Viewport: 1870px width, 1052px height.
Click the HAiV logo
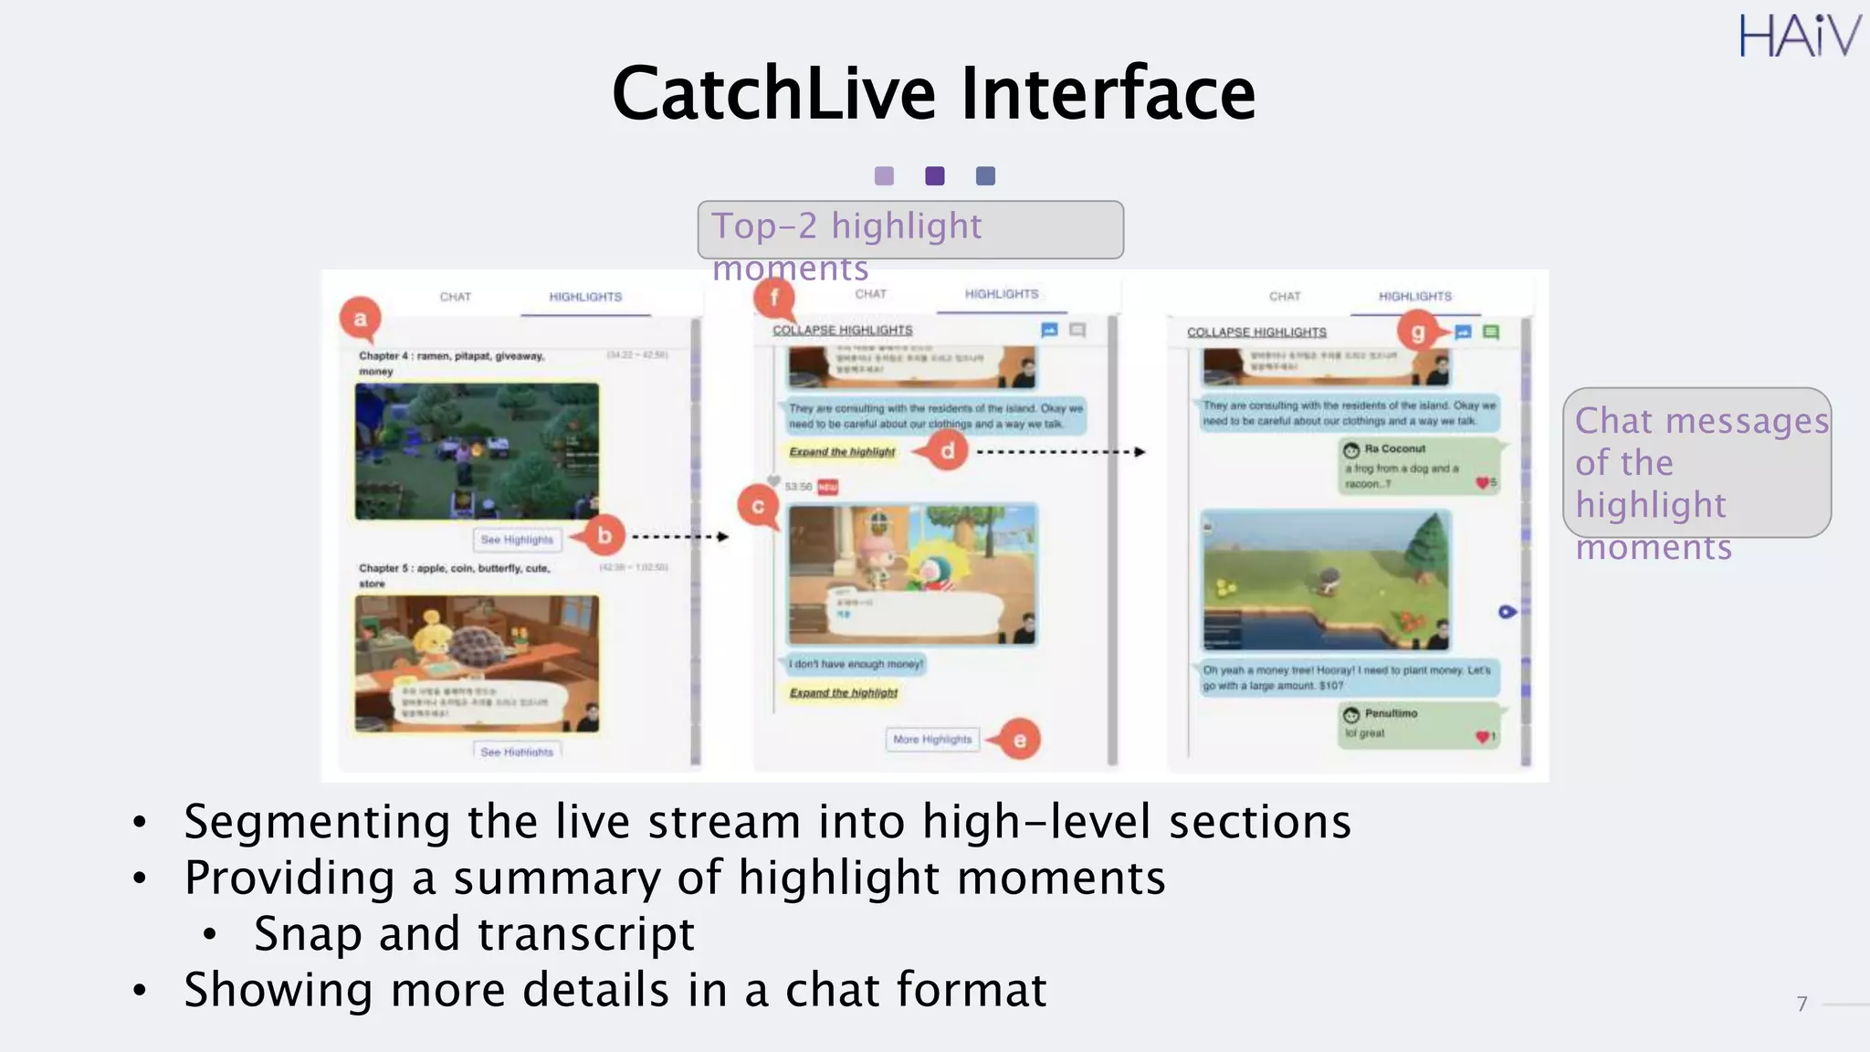pos(1798,37)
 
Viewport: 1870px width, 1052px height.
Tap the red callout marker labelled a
pos(361,319)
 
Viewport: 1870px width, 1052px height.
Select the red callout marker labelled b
pos(604,536)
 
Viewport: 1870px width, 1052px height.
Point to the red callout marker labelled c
pos(758,506)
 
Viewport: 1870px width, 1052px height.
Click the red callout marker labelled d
pos(948,450)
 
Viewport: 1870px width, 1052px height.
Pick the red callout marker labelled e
pos(1019,740)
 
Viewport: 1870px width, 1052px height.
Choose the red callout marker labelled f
pos(774,298)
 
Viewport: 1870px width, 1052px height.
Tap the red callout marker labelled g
pos(1417,331)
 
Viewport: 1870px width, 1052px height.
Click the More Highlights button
pos(932,739)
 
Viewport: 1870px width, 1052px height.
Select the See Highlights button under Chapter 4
pos(517,540)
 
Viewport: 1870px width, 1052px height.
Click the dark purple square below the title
pos(935,176)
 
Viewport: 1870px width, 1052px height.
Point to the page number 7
pos(1802,1004)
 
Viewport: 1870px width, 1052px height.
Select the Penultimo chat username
pos(1391,713)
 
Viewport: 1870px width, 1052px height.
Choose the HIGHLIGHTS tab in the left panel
pos(585,297)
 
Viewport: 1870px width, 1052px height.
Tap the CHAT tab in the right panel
pos(1285,297)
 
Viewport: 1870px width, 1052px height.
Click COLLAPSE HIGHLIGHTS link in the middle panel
pos(842,330)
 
